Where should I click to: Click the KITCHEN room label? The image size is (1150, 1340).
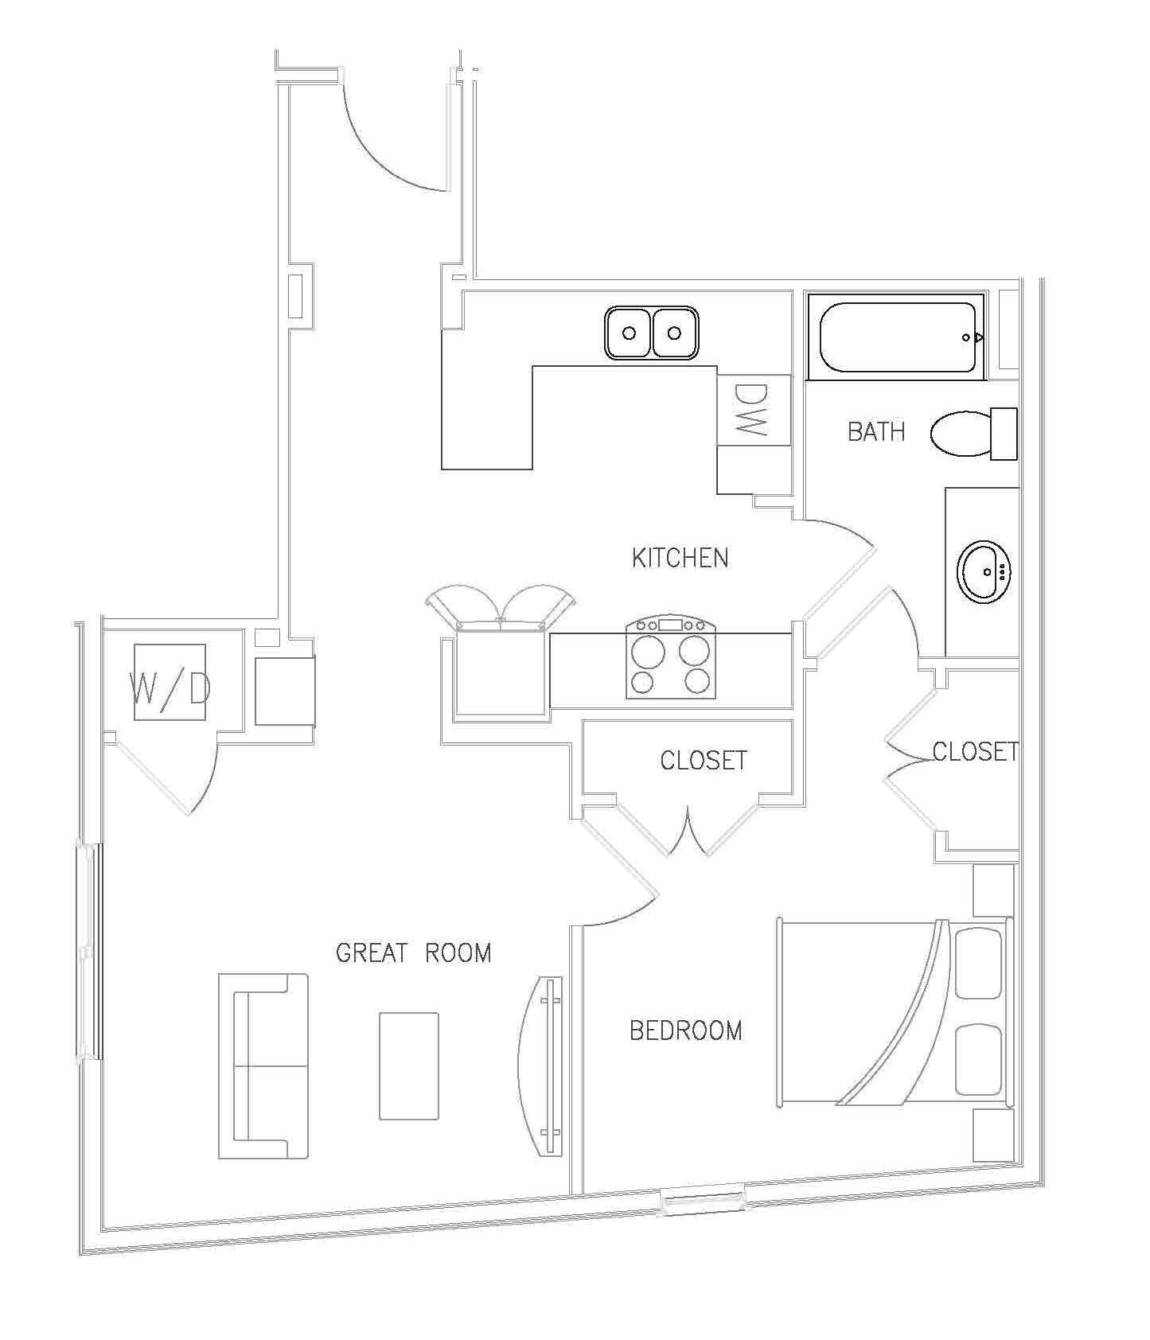[680, 558]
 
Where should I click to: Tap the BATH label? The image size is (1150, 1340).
[875, 431]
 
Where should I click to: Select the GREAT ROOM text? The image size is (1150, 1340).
[413, 952]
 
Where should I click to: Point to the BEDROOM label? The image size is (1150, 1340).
[685, 1030]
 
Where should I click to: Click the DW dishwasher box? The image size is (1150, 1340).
[753, 410]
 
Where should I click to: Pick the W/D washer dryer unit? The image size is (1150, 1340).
[170, 683]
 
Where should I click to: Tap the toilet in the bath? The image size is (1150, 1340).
[973, 433]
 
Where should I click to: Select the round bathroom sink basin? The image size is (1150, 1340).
[984, 571]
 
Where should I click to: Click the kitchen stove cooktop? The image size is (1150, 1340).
[670, 658]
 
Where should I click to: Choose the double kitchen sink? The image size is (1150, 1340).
[651, 333]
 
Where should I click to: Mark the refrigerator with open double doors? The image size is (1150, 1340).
[500, 668]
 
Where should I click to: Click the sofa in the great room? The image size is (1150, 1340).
[264, 1065]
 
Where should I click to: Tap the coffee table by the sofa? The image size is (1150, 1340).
[408, 1065]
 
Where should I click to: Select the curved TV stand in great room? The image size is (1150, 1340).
[541, 1065]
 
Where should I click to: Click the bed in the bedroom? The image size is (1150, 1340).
[891, 1012]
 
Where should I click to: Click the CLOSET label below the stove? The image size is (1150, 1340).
[704, 760]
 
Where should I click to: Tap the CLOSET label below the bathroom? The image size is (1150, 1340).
[974, 750]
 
